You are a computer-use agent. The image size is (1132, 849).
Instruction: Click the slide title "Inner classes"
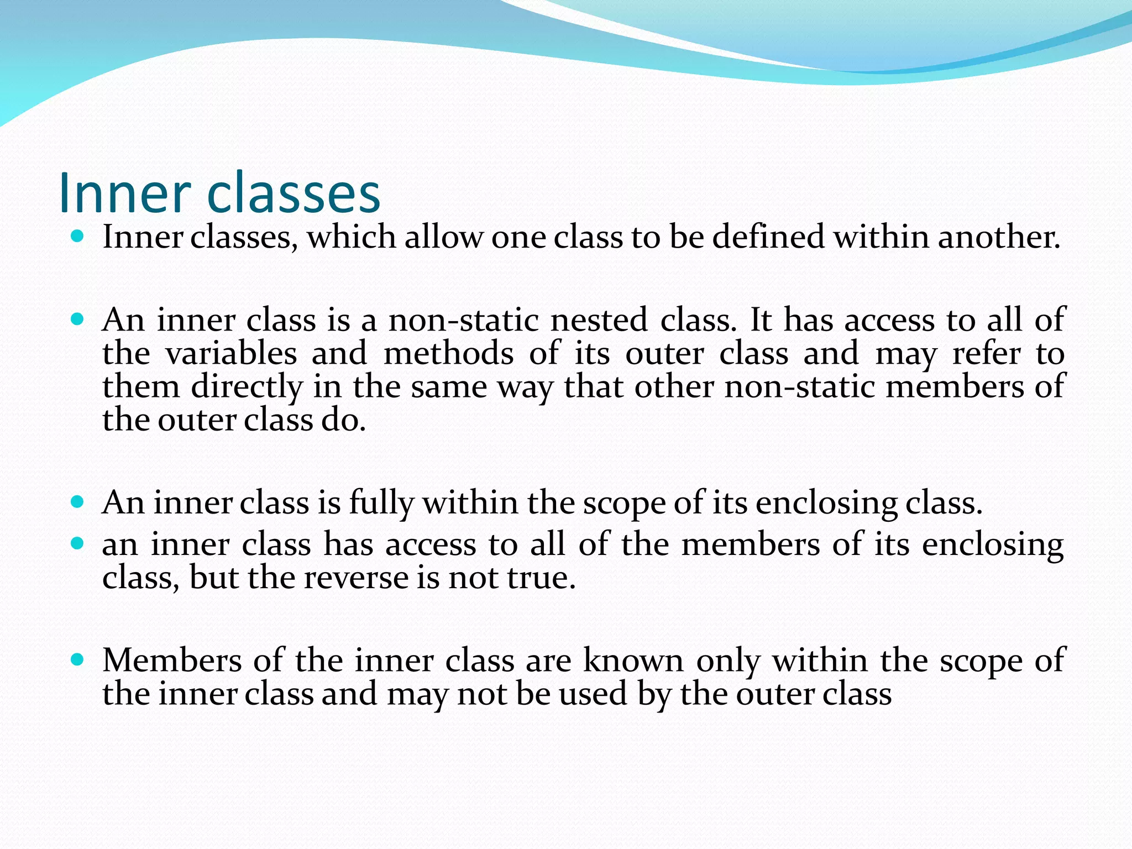click(219, 192)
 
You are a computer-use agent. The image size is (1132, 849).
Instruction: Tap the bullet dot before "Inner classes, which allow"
click(78, 237)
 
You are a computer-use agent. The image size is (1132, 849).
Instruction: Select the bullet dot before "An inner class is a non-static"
click(78, 319)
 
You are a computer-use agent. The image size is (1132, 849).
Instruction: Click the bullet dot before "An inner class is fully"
click(78, 502)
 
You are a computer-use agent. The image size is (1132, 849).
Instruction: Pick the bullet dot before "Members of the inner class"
click(78, 659)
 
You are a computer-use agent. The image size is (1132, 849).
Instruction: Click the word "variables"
click(231, 354)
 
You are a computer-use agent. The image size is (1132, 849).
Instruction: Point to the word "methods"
click(448, 354)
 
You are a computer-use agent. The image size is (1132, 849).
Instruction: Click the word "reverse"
click(355, 579)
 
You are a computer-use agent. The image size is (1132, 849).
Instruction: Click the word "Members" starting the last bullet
click(172, 661)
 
